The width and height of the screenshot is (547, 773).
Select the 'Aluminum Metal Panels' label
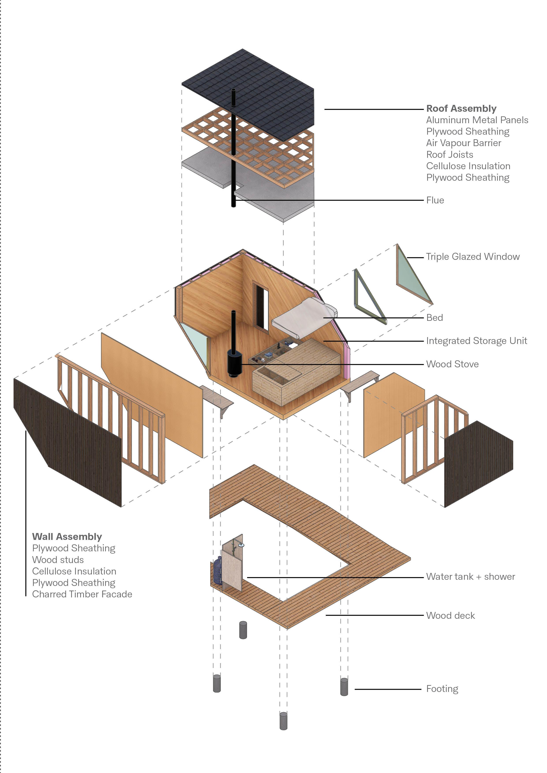tap(477, 120)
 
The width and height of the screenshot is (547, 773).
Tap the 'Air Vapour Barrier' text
tap(463, 143)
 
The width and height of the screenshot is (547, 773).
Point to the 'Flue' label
tap(435, 200)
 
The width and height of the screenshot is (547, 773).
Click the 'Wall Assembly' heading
tap(67, 536)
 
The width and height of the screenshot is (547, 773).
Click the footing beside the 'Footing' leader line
tap(344, 687)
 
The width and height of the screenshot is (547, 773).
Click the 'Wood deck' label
tap(450, 615)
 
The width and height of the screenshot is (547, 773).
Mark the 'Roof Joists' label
tap(449, 154)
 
